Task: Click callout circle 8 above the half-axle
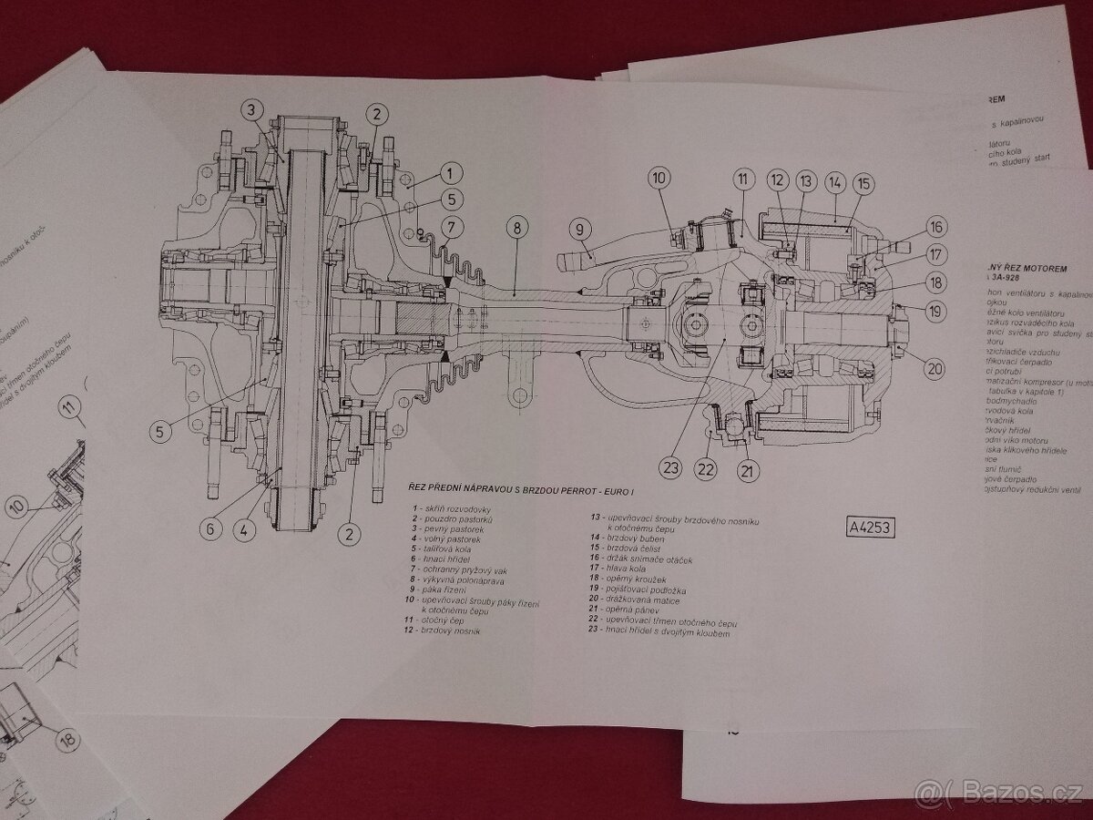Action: [x=517, y=230]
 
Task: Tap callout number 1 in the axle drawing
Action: [x=449, y=171]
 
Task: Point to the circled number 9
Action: [x=577, y=230]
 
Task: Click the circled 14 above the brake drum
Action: [x=833, y=183]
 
